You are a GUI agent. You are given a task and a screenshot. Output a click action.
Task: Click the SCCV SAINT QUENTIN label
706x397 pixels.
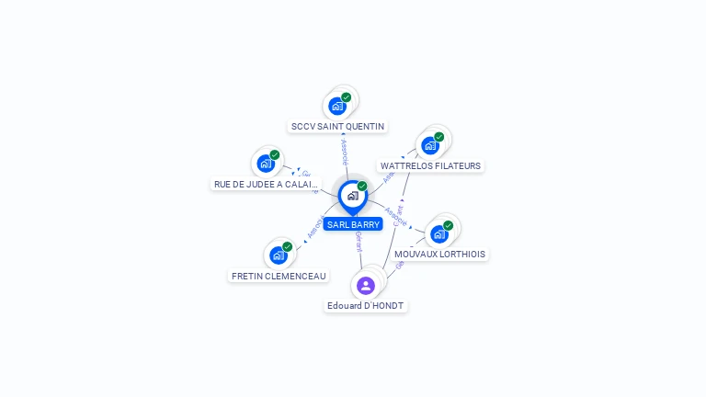coord(337,126)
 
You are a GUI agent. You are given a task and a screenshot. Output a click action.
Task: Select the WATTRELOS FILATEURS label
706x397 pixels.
coord(430,166)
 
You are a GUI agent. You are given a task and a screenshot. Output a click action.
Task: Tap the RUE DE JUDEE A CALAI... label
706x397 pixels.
coord(266,184)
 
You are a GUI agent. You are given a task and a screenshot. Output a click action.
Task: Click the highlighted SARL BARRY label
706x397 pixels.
coord(352,224)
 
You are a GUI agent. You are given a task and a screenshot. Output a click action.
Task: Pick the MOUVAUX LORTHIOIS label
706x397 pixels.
coord(439,254)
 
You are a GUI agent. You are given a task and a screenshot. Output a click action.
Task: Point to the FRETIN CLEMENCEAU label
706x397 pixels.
coord(278,276)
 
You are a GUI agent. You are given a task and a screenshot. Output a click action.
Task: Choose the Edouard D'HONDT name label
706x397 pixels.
coord(365,305)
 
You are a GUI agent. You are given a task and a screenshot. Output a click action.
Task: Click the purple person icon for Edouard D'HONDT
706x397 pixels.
coord(366,285)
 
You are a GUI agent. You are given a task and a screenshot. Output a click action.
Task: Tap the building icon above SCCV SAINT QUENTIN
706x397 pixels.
coord(337,106)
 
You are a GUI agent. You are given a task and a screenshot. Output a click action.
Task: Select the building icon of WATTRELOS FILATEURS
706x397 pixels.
coord(430,145)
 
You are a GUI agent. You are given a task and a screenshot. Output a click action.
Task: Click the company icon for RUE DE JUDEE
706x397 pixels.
coord(266,164)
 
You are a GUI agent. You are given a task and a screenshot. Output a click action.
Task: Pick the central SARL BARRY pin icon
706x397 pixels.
coord(352,196)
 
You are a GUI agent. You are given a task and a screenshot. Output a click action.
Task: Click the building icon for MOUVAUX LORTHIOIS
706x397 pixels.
coord(439,233)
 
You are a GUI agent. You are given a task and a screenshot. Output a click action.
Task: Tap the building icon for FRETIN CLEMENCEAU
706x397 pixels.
coord(278,255)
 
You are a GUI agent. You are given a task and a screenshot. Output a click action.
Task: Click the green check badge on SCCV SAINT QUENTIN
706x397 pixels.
coord(347,97)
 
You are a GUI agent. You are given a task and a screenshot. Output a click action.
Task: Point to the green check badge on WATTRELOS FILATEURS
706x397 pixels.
coord(439,137)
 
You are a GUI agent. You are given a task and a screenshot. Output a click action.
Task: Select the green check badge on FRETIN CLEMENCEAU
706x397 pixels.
coord(287,246)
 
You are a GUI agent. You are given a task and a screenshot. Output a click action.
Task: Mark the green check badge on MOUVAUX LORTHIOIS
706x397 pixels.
coord(449,225)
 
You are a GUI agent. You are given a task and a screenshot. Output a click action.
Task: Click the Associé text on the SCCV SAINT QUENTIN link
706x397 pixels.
coord(344,152)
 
